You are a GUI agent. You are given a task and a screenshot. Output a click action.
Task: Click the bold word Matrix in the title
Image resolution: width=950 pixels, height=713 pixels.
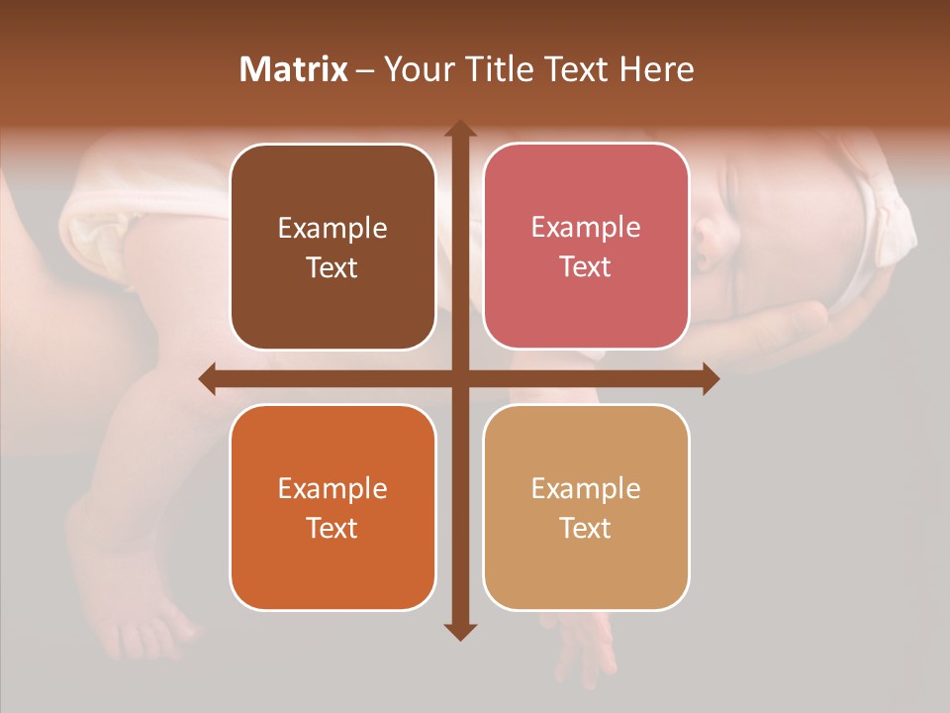click(294, 69)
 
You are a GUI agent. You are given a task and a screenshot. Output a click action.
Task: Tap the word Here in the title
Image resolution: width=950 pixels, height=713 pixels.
click(657, 69)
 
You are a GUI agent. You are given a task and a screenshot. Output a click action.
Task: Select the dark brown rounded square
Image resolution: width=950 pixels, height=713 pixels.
click(332, 247)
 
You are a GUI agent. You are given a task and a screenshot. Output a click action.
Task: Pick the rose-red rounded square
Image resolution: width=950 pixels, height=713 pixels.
click(586, 247)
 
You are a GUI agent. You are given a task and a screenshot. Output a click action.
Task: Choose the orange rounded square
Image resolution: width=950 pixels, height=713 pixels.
click(332, 507)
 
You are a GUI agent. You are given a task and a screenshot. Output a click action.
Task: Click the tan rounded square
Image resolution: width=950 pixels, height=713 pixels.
click(586, 507)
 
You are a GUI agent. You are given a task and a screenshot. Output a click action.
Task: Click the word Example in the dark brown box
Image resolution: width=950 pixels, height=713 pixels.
click(332, 229)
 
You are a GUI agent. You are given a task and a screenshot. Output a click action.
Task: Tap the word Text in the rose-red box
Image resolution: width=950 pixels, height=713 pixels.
click(586, 267)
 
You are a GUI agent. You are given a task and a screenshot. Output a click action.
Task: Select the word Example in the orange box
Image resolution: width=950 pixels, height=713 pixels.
click(332, 489)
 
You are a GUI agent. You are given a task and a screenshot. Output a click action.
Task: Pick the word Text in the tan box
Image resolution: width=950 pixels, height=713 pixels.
click(586, 528)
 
